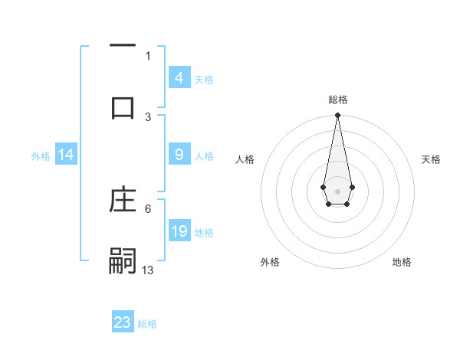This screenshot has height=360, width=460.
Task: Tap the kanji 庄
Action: pyautogui.click(x=123, y=201)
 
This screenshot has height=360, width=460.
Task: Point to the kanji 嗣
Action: pyautogui.click(x=123, y=260)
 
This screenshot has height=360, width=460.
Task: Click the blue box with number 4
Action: pyautogui.click(x=179, y=78)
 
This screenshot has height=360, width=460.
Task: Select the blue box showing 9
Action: pyautogui.click(x=179, y=155)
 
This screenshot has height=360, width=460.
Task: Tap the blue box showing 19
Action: pyautogui.click(x=179, y=231)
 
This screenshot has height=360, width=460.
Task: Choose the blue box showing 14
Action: pyautogui.click(x=66, y=155)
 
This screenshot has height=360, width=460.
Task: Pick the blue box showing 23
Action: pyautogui.click(x=123, y=322)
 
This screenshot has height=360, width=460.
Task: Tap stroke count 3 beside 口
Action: pyautogui.click(x=148, y=116)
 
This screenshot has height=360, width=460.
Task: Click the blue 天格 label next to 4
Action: pyautogui.click(x=204, y=80)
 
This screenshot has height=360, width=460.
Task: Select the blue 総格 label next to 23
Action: pyautogui.click(x=147, y=324)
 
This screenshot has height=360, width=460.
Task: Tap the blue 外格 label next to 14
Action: pyautogui.click(x=41, y=156)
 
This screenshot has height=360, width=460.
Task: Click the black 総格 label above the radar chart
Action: pyautogui.click(x=337, y=100)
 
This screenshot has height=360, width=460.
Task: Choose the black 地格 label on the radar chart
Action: pyautogui.click(x=402, y=263)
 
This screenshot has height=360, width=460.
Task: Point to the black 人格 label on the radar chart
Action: pyautogui.click(x=245, y=159)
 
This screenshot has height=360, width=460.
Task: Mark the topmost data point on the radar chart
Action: pyautogui.click(x=337, y=115)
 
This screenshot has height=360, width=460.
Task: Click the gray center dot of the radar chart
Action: pyautogui.click(x=337, y=190)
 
